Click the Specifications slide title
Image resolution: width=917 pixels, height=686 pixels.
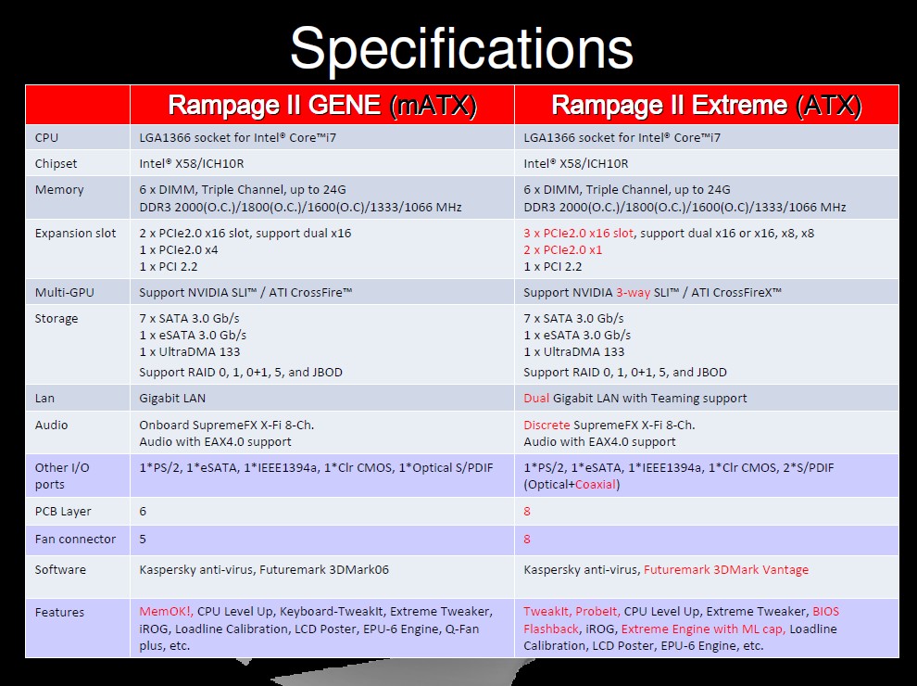461,48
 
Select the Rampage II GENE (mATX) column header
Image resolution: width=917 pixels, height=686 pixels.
322,106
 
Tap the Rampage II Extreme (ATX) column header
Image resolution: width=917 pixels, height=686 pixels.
707,106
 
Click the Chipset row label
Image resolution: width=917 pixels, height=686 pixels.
56,164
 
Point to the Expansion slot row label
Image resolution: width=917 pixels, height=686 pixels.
75,233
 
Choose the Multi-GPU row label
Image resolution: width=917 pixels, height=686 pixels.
64,292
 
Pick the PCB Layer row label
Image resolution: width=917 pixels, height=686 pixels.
63,511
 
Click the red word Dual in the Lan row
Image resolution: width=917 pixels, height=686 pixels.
536,398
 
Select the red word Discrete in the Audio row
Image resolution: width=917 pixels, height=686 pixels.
546,425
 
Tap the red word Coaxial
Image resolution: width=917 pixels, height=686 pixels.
596,484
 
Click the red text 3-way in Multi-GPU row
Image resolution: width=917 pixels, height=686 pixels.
633,292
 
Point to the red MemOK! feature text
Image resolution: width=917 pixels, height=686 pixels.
166,611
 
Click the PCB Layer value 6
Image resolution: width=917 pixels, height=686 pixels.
143,511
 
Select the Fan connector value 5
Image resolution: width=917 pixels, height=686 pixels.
143,540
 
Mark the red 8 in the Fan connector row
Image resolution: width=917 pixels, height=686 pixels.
527,540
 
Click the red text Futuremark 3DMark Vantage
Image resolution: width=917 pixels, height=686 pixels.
726,569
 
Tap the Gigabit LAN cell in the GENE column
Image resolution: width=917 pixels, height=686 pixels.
172,398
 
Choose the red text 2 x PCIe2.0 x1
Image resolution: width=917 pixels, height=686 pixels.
562,250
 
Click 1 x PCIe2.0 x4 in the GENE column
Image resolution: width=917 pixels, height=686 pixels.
179,250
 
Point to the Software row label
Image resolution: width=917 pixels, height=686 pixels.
60,569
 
